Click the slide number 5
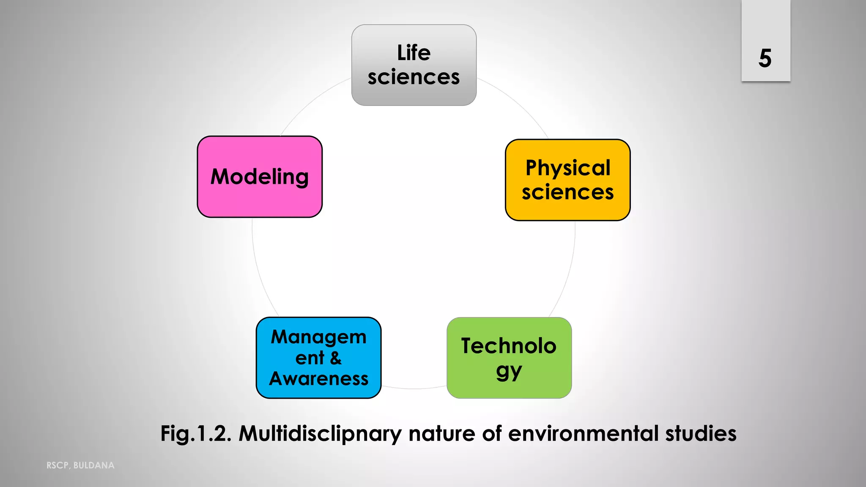765,58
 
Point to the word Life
414,53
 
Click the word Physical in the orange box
568,168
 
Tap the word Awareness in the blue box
319,379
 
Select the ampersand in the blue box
336,358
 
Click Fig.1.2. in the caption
196,434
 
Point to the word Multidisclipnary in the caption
320,434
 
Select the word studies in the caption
701,434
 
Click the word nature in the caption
442,434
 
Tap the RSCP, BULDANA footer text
80,465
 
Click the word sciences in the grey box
414,77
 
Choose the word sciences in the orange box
567,192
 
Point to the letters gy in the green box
509,372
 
